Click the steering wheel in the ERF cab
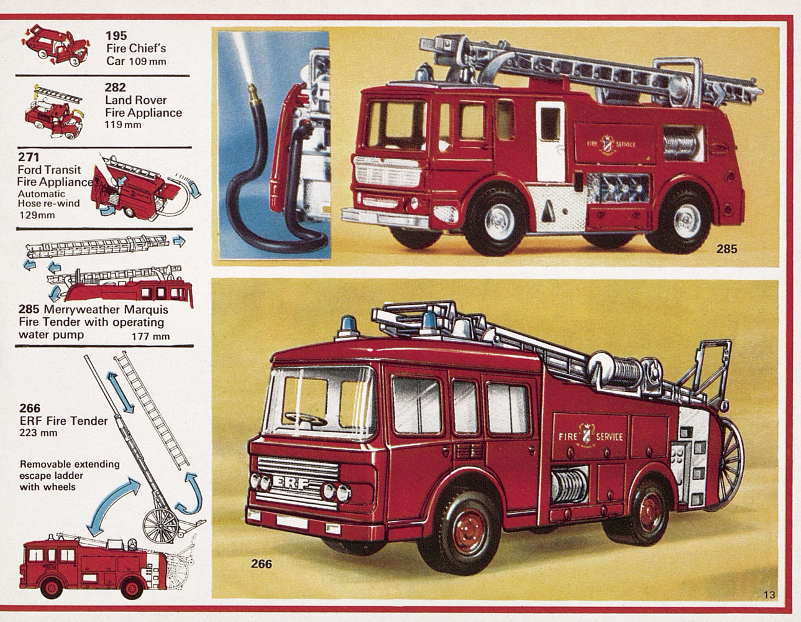point(306,419)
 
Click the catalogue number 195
point(116,36)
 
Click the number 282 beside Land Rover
point(115,88)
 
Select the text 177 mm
point(151,337)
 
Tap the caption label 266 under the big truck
point(261,564)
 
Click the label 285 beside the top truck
point(726,249)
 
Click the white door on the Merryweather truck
point(551,142)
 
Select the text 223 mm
point(39,432)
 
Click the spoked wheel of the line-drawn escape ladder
point(161,526)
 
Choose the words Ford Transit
point(49,170)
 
